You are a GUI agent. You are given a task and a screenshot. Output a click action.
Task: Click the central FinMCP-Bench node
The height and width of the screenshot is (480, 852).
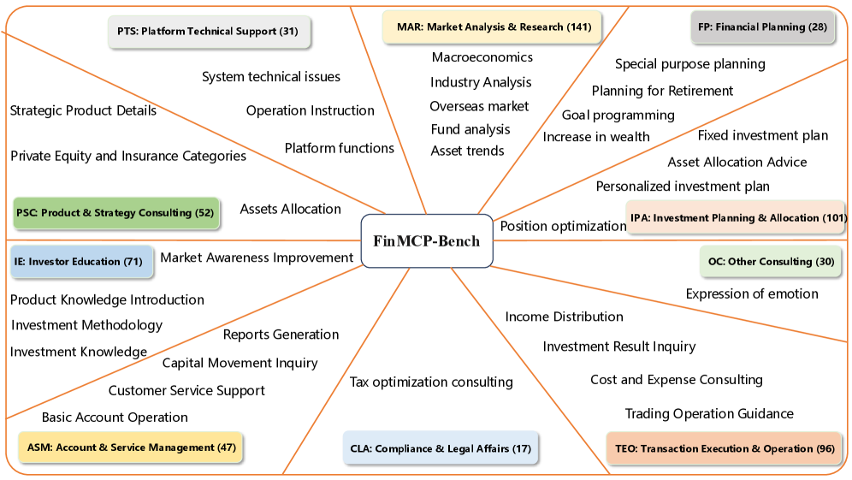(426, 240)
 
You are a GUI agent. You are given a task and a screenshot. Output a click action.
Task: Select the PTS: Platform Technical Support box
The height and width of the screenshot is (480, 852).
(208, 32)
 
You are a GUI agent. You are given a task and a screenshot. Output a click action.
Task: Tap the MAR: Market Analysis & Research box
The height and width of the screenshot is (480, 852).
(494, 27)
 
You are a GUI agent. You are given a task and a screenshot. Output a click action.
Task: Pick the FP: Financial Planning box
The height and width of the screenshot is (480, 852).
(762, 27)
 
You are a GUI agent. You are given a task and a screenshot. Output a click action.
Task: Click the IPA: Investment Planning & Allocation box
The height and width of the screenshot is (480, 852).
(737, 217)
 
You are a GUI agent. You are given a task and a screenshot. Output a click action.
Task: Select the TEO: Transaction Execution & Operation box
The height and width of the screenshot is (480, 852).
(725, 448)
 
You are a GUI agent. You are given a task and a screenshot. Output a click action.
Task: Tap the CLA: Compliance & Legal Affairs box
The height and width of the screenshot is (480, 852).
(441, 447)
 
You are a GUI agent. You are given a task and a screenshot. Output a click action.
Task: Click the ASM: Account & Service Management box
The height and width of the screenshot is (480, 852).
(132, 447)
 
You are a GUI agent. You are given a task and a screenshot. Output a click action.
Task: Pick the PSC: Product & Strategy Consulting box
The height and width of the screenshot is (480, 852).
(115, 212)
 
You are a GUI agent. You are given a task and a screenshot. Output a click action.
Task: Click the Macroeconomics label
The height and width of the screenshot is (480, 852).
(482, 57)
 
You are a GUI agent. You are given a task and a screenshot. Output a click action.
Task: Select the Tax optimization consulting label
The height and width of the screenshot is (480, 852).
(431, 382)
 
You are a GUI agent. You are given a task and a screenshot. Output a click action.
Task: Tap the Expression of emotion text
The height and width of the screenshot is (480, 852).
(752, 293)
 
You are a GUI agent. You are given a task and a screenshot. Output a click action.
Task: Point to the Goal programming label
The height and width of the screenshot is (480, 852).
(618, 115)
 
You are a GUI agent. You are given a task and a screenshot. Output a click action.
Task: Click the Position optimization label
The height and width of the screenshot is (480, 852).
(563, 226)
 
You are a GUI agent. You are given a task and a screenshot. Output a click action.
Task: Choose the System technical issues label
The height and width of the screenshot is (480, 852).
(271, 77)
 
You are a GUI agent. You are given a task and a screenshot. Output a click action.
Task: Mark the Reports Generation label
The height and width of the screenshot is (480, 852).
(281, 335)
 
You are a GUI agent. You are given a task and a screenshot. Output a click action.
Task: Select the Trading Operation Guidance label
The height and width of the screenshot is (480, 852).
(709, 413)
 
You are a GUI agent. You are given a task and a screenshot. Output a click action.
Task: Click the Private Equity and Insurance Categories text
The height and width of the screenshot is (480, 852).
(128, 156)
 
